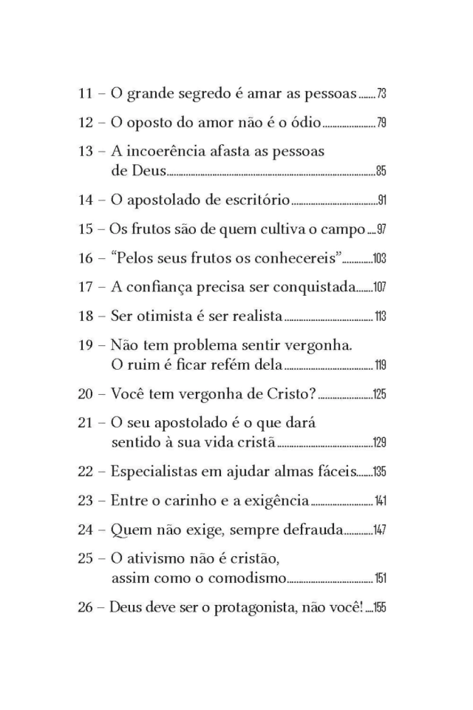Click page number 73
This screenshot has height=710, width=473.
click(x=381, y=95)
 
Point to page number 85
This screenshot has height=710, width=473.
click(x=381, y=172)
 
